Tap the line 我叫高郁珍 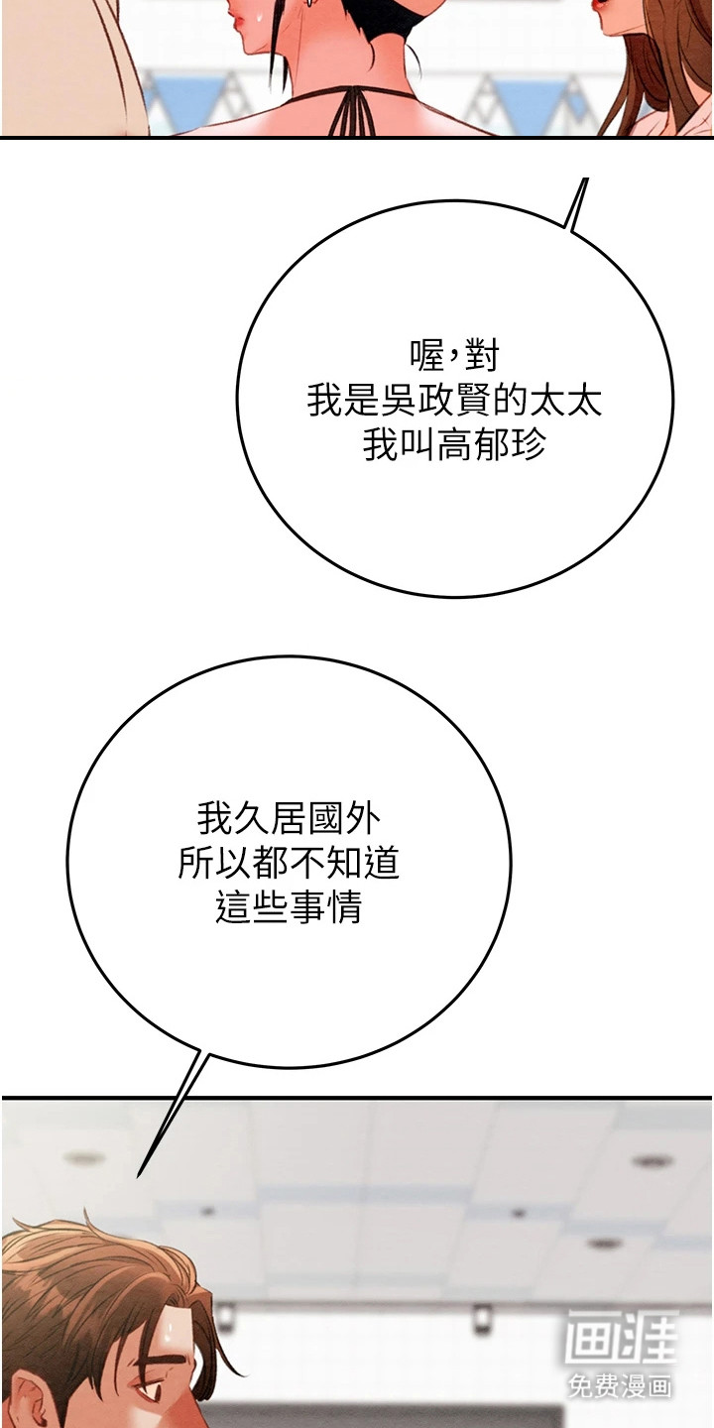pos(454,445)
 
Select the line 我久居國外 pos(289,818)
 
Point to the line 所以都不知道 pos(289,863)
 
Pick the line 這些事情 pos(289,907)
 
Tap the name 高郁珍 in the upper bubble pos(492,445)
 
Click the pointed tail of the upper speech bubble pos(585,179)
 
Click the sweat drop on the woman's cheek pos(258,21)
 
